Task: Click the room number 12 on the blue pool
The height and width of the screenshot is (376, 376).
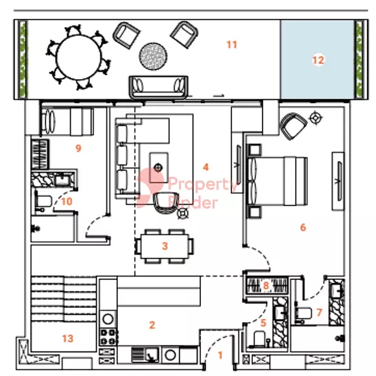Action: click(x=318, y=60)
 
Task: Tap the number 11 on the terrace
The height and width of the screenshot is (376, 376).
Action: click(x=232, y=45)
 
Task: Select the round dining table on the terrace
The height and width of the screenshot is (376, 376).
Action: click(x=78, y=58)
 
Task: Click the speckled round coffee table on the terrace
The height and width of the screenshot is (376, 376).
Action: click(x=153, y=56)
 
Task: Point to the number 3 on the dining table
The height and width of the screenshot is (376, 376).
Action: click(x=165, y=246)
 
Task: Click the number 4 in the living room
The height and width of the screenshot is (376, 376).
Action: click(x=206, y=167)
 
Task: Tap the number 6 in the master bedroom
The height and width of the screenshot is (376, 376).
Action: click(x=303, y=228)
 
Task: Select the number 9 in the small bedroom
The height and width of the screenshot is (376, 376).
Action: click(x=78, y=148)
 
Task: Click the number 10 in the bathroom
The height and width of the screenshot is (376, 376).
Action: click(x=67, y=202)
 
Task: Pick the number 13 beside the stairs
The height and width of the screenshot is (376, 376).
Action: click(x=67, y=338)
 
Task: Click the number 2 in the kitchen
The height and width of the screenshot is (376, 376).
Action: click(x=152, y=325)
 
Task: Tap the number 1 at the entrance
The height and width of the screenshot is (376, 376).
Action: click(x=220, y=355)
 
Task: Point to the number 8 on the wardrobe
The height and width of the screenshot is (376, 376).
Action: click(x=266, y=285)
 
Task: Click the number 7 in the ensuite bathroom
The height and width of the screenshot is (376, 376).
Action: click(x=319, y=312)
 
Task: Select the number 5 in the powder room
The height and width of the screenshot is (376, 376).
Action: click(x=263, y=323)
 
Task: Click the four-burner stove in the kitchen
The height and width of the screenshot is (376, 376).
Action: click(x=108, y=337)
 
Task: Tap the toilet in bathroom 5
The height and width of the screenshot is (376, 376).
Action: click(x=260, y=338)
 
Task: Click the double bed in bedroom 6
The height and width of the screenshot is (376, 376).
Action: click(x=277, y=181)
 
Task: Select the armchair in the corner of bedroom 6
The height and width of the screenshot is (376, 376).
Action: click(x=294, y=125)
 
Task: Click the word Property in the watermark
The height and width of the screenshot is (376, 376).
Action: click(x=203, y=185)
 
